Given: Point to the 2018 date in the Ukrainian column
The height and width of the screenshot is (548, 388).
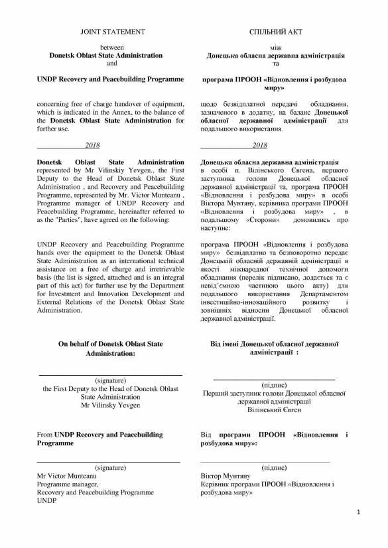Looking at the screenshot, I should (259, 145).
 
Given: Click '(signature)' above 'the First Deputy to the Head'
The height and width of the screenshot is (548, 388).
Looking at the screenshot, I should (111, 380).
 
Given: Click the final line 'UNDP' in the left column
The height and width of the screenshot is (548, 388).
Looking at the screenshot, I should (46, 501).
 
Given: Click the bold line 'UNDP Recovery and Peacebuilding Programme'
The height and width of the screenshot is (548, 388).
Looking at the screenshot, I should (111, 79).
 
